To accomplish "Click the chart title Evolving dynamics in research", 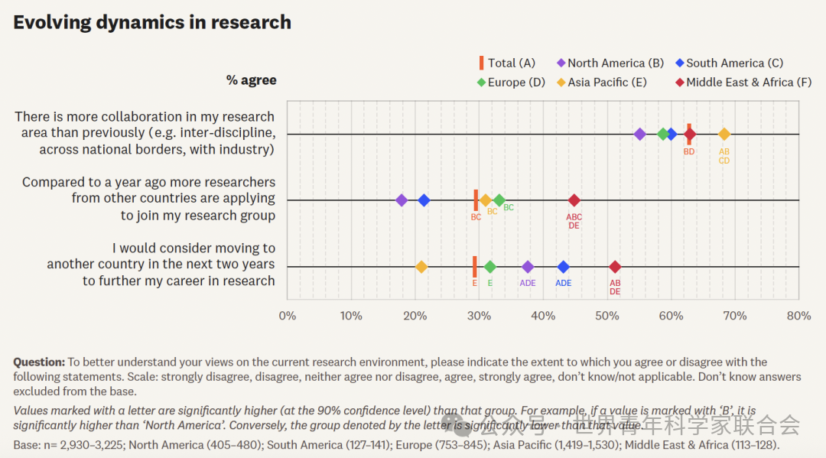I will [x=152, y=22].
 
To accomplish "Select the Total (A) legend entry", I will [x=508, y=63].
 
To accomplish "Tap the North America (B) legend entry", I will [x=611, y=63].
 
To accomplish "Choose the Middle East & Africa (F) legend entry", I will [x=743, y=83].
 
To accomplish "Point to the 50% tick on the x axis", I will [x=607, y=316].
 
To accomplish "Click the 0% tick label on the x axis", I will [x=287, y=316].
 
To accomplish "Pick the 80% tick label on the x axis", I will [x=798, y=316].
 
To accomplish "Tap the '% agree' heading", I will [x=251, y=80].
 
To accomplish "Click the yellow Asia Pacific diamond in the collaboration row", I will [x=724, y=135].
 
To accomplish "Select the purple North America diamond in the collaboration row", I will [x=640, y=135].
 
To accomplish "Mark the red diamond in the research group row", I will [x=574, y=200].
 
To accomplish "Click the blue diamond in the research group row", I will [x=424, y=200].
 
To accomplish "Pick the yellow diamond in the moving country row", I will [x=421, y=267].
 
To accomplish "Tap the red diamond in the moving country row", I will [x=615, y=267].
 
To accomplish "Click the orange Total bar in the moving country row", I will [x=475, y=267].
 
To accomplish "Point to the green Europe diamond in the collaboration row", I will [x=663, y=135].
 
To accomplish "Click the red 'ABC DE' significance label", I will [x=574, y=222].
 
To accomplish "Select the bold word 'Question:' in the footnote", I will [x=39, y=362].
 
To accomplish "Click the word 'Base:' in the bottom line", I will [x=28, y=445].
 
